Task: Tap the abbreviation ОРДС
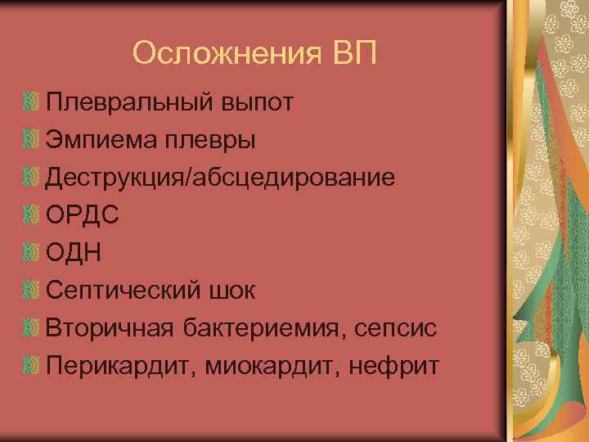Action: pos(83,215)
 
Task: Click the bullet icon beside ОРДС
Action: pos(32,215)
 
